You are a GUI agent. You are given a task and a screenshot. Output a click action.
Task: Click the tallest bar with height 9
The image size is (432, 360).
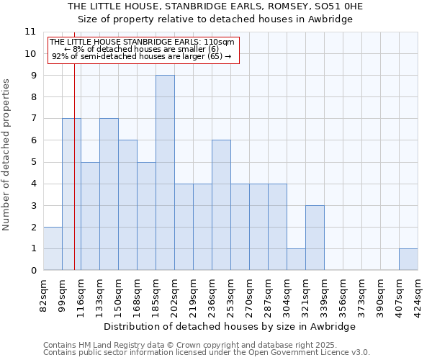(165, 173)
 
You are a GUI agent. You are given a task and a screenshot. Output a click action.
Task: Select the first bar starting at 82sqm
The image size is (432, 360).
(53, 248)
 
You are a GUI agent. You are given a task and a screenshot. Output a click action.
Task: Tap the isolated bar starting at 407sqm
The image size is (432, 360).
(408, 259)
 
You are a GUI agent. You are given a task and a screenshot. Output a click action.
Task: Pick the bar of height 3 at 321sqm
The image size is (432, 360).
(315, 238)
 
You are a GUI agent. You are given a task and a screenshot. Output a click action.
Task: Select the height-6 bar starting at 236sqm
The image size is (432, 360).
(221, 205)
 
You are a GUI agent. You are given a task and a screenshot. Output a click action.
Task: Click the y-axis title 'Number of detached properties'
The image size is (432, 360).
(7, 155)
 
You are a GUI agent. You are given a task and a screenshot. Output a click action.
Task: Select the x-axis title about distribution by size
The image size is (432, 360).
(230, 326)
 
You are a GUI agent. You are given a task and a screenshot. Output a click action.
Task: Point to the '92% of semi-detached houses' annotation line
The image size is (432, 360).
(142, 56)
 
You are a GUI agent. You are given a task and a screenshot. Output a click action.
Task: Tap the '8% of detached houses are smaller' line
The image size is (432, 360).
(142, 49)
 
